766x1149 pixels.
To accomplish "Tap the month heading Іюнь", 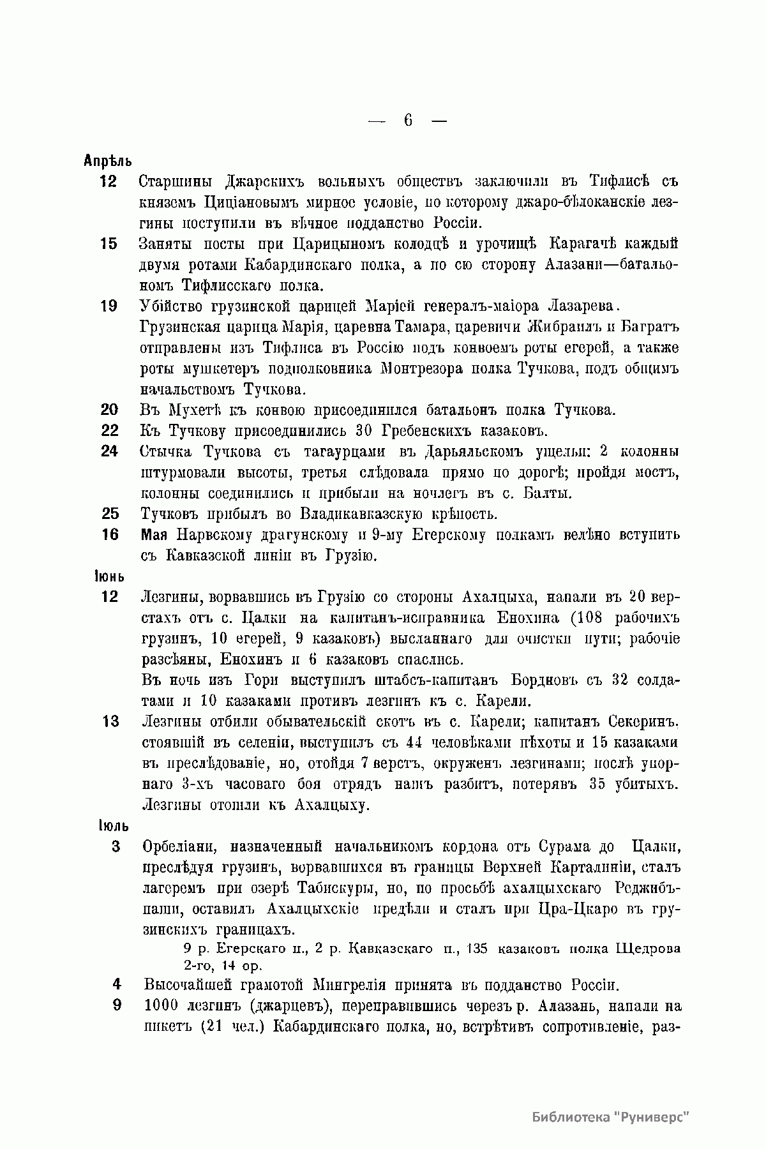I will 109,576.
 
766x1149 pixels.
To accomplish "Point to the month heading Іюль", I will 113,826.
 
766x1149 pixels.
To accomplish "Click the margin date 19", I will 109,306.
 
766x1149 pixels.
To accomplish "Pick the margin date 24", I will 109,451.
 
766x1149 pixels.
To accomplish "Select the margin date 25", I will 110,513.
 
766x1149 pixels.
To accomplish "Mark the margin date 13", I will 110,722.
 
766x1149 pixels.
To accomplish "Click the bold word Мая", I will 154,535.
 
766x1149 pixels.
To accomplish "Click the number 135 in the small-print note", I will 477,949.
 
